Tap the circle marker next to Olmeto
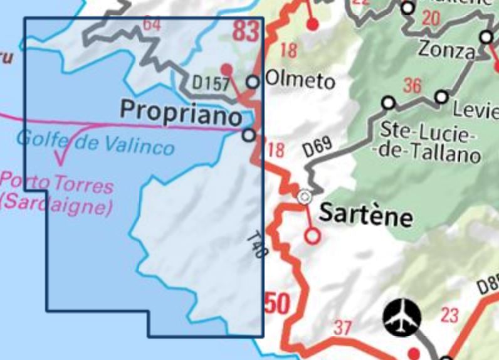(252, 82)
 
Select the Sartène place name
(367, 214)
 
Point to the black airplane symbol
(402, 317)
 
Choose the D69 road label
(317, 150)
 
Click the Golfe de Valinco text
(95, 142)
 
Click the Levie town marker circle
(442, 97)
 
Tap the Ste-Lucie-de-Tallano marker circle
(389, 102)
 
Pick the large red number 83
(246, 31)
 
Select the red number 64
(152, 25)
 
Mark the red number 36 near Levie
(412, 86)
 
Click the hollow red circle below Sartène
(312, 236)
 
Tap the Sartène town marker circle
(304, 197)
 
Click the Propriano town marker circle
(249, 135)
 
